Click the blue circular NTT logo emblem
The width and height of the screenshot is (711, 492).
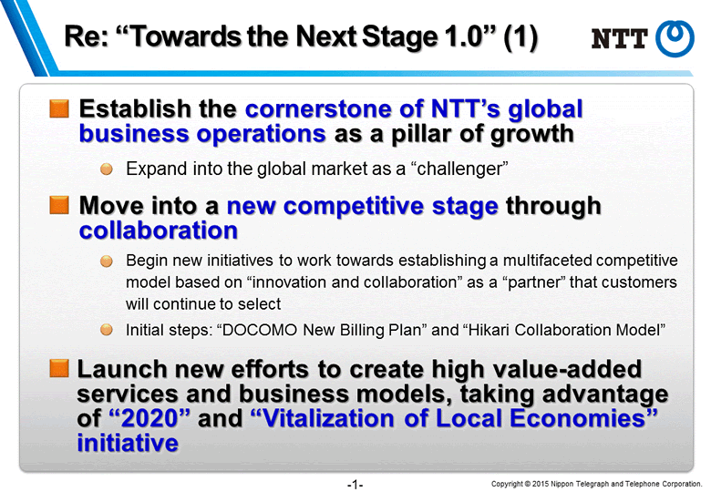pos(675,38)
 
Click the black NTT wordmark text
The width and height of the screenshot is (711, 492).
pos(620,38)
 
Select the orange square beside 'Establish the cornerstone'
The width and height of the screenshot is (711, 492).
pos(59,108)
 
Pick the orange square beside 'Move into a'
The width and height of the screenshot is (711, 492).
pos(59,205)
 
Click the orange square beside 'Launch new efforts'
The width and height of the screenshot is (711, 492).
pos(59,368)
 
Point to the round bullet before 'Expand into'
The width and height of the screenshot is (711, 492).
pos(107,169)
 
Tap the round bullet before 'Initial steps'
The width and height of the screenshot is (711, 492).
pos(107,329)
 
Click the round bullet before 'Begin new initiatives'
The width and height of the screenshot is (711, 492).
pos(107,261)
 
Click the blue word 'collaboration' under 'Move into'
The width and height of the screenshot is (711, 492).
pos(159,231)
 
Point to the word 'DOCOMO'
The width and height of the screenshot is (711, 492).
pos(260,330)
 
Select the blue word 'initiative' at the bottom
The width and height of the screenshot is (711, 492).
pos(128,443)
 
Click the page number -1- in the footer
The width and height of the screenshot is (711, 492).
pos(355,485)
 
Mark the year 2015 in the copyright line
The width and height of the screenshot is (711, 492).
pos(541,484)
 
